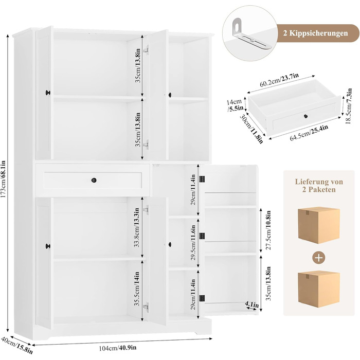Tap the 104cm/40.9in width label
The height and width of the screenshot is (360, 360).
[118, 348]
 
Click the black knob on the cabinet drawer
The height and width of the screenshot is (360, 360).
[94, 180]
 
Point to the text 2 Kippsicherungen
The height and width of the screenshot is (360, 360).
[315, 33]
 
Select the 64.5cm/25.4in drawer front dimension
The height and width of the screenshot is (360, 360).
[309, 133]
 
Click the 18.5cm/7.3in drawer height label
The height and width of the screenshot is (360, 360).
[349, 106]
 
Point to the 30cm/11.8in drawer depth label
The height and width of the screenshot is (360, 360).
[251, 129]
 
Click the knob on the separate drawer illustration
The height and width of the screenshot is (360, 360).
[305, 116]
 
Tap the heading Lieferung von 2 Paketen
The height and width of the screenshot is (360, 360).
[319, 186]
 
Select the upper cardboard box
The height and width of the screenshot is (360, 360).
[319, 225]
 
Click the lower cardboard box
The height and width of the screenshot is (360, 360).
[319, 289]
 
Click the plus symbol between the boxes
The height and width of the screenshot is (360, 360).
[319, 258]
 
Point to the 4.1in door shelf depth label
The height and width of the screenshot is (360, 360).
[251, 304]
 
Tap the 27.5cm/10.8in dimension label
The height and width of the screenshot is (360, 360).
[268, 230]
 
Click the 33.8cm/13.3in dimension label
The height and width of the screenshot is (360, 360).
[137, 227]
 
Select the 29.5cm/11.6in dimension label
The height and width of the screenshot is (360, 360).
[193, 242]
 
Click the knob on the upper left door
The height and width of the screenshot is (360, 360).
[48, 93]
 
